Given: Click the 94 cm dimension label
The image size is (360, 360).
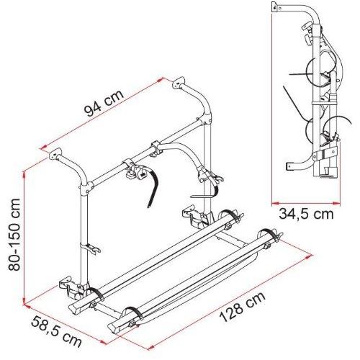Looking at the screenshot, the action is (104, 103).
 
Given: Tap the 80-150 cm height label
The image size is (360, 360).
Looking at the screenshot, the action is (14, 235).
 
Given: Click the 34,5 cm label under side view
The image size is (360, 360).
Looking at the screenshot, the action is (306, 214).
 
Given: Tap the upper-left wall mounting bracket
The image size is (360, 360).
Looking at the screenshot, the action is (55, 153).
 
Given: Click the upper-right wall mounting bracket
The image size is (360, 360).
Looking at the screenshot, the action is (179, 82).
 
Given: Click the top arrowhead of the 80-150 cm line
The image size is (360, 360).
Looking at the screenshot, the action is (24, 174).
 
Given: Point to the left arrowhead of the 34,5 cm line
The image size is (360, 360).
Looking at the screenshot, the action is (275, 204).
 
